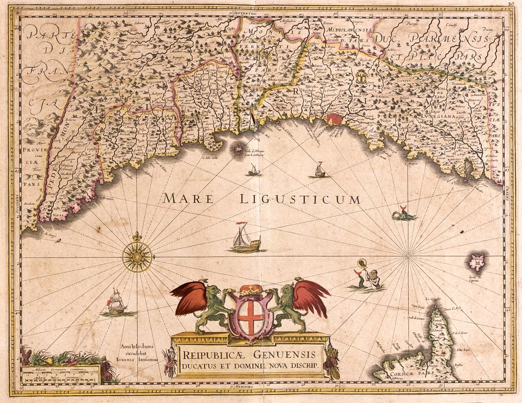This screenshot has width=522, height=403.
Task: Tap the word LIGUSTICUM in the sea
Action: pos(300,199)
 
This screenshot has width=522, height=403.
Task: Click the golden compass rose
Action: pos(137,256)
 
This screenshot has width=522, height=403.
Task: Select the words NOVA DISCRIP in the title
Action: pos(295,365)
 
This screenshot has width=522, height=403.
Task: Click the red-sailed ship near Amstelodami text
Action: pos(116,303)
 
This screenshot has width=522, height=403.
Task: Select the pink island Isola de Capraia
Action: pos(477,262)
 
